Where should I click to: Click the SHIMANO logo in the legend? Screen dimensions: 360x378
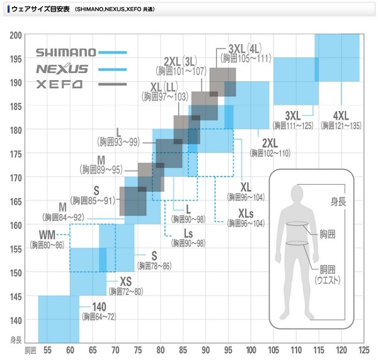(66, 52)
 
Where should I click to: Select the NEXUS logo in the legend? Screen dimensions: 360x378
(62, 69)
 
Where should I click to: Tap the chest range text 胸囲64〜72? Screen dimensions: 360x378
(100, 316)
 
